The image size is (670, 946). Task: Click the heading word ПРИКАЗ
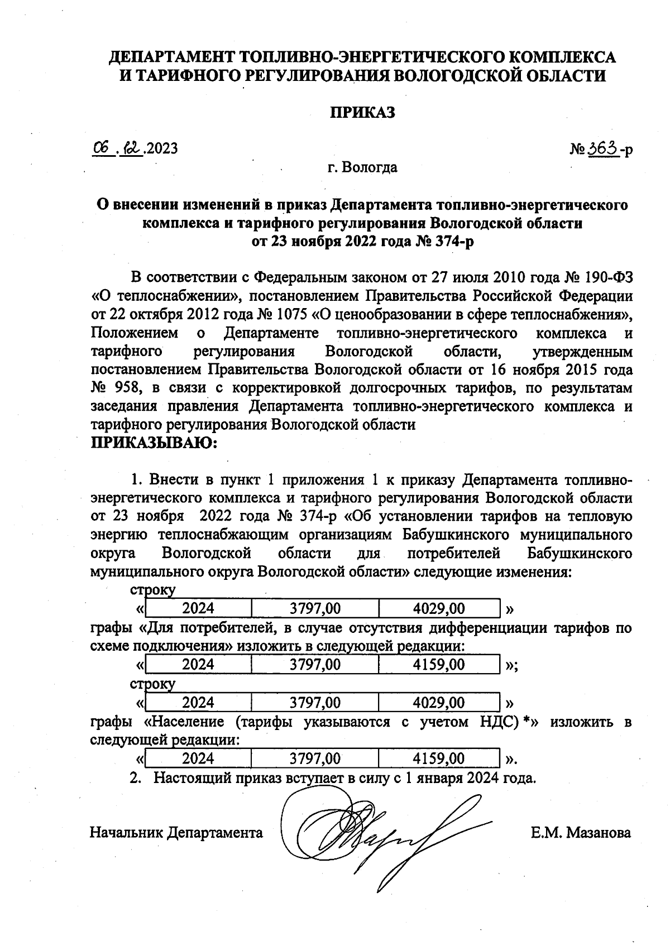point(362,113)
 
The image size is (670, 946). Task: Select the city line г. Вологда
point(362,167)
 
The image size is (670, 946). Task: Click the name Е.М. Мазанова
point(581,833)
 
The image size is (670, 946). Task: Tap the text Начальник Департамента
point(176,833)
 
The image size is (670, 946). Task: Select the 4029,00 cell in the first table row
point(438,608)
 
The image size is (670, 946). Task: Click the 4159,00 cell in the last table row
point(438,758)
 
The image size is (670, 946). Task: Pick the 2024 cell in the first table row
point(198,608)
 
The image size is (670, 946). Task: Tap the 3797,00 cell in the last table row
point(315,758)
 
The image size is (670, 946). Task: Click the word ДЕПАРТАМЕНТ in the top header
point(171,57)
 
